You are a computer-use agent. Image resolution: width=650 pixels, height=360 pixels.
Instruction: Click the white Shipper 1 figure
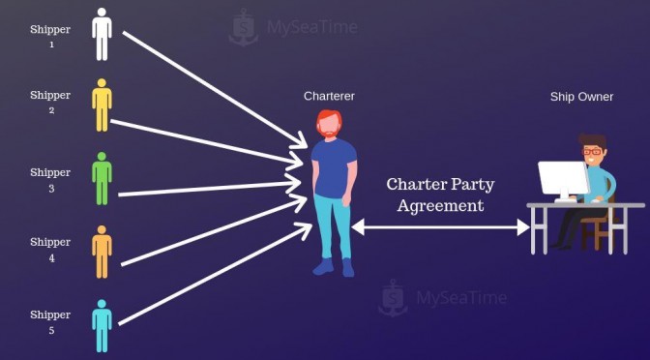click(102, 35)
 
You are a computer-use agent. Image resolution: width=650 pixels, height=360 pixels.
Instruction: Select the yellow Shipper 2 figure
click(102, 105)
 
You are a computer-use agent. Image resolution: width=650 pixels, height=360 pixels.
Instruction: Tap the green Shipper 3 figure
click(102, 178)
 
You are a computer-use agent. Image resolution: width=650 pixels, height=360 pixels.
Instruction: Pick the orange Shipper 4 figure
click(102, 252)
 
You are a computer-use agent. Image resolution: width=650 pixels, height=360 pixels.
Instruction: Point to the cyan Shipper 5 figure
click(102, 325)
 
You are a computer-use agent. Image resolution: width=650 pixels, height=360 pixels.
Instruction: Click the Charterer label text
click(329, 96)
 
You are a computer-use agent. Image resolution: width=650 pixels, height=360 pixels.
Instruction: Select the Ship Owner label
click(581, 97)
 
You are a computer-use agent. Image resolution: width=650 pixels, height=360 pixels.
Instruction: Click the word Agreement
click(440, 206)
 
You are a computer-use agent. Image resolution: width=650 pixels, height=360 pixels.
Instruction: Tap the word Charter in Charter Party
click(416, 184)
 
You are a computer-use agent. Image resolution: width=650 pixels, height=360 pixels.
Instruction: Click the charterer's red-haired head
click(330, 123)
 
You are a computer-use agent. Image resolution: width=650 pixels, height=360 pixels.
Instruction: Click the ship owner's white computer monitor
click(563, 180)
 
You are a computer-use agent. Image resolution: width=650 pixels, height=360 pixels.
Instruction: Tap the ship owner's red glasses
click(592, 151)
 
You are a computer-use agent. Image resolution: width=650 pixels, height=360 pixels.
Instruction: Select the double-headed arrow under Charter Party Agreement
click(441, 227)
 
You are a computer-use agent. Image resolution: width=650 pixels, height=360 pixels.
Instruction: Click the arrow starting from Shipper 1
click(215, 90)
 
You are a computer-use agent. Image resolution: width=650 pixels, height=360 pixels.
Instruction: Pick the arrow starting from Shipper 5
click(216, 274)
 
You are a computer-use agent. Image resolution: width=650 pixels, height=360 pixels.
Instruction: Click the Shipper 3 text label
click(50, 180)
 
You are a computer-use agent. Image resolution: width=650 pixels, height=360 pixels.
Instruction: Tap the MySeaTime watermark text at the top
click(312, 27)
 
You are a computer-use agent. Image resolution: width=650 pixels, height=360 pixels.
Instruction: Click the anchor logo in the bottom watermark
click(393, 298)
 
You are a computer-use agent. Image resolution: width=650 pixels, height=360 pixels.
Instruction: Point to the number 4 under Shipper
click(51, 258)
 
